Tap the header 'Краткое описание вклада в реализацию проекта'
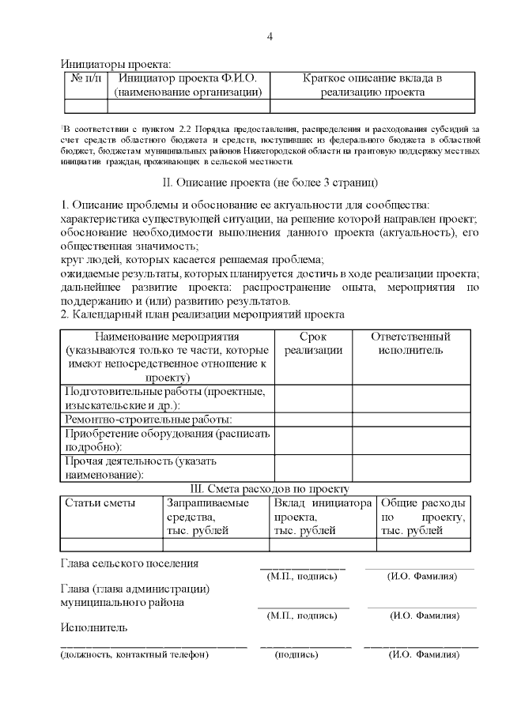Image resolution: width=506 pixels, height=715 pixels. (x=372, y=85)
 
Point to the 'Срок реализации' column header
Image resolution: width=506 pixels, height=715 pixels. (x=313, y=344)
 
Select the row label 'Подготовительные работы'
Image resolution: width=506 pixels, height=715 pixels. (x=165, y=398)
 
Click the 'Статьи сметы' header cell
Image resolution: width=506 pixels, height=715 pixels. (x=100, y=503)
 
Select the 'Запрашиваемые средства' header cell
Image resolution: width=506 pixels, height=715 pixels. (x=207, y=517)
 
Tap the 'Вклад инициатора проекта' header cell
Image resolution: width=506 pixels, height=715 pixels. (x=322, y=517)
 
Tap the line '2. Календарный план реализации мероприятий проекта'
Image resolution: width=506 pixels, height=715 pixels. (x=202, y=314)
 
